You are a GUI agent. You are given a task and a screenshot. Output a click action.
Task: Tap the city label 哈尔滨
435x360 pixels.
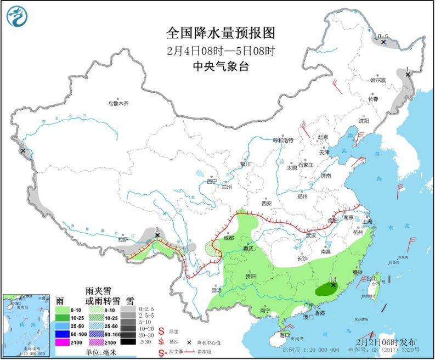point(378,80)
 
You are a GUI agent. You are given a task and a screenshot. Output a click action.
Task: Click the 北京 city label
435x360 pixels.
point(323,137)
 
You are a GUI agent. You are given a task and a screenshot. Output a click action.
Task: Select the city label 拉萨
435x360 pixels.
point(122,239)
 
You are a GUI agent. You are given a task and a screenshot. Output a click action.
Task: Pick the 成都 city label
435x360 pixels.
point(228,238)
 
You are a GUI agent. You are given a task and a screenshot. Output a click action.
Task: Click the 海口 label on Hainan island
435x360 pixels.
point(284,334)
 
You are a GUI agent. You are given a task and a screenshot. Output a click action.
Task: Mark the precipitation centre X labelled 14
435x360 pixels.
point(333,285)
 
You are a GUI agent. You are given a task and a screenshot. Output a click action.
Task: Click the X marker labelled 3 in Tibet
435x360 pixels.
point(157,235)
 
